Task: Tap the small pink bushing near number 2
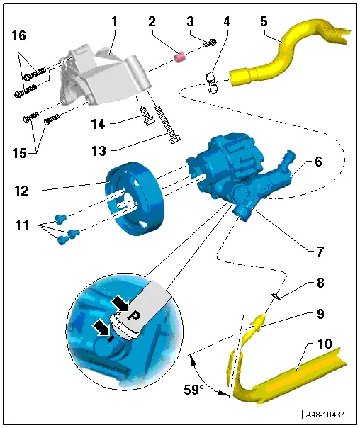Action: (x=179, y=55)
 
